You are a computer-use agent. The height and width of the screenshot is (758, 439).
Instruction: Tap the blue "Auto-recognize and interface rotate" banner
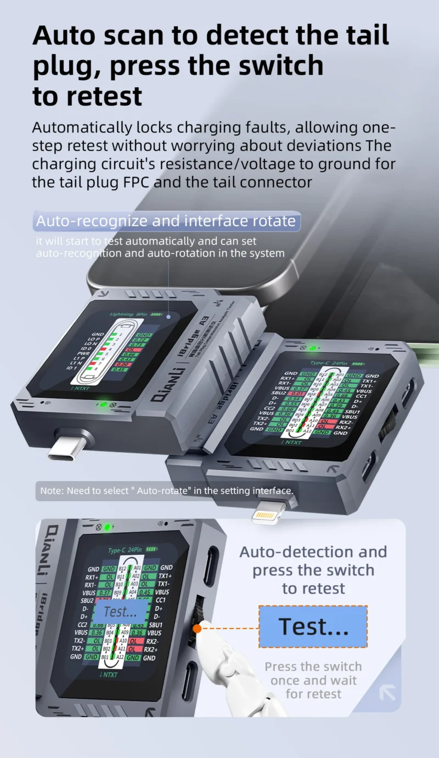click(166, 221)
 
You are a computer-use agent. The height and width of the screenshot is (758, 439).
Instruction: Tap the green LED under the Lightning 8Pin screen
click(103, 405)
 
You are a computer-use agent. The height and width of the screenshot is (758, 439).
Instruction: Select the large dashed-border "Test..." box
click(313, 626)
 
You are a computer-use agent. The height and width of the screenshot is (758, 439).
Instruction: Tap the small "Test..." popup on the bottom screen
click(120, 612)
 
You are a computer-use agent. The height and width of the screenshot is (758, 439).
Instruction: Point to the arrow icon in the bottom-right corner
click(387, 693)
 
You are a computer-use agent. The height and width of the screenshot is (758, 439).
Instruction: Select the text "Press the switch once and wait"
click(313, 674)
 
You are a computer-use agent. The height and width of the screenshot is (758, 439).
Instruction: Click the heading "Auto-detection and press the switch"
click(313, 561)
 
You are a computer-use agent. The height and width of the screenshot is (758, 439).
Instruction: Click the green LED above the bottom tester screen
click(108, 527)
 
